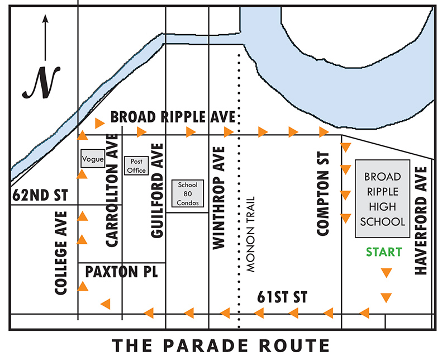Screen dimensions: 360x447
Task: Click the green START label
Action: (x=384, y=252)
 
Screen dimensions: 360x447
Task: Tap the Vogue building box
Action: (x=90, y=158)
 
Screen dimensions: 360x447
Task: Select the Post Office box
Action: (x=136, y=166)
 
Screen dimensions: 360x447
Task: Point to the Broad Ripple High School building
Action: (x=383, y=199)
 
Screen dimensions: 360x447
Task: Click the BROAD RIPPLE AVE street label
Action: (x=173, y=117)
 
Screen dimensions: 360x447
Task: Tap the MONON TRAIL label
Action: (x=250, y=234)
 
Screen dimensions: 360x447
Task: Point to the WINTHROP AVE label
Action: (x=218, y=197)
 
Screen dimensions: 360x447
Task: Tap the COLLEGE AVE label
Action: (x=62, y=253)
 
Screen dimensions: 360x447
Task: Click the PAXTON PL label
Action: (x=121, y=272)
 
